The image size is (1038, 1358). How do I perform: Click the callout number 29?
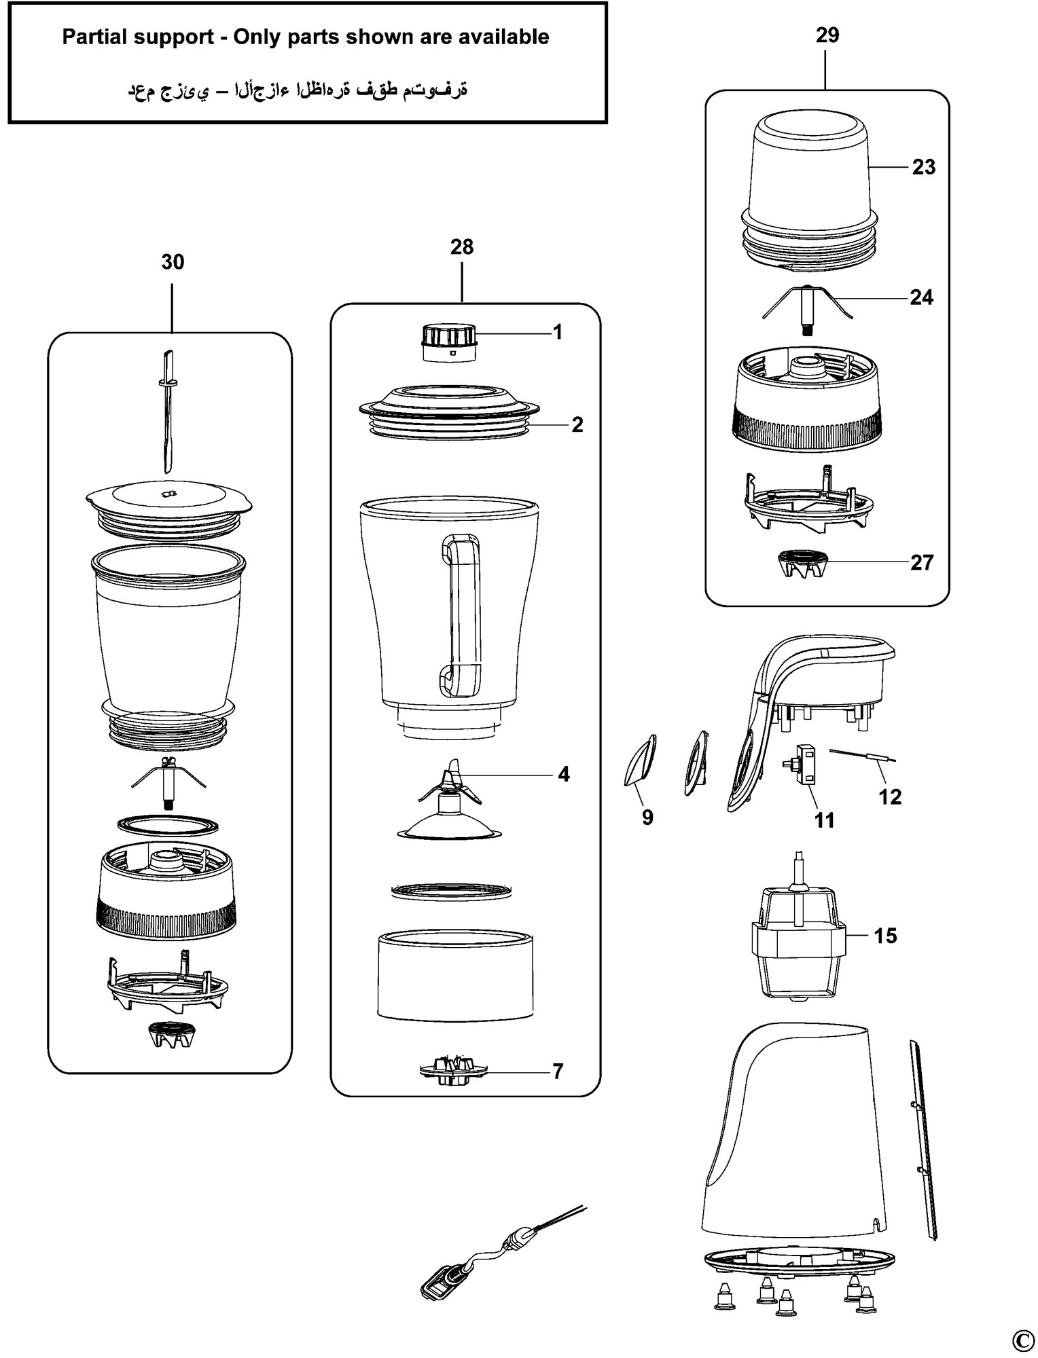point(827,35)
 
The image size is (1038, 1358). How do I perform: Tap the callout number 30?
point(173,261)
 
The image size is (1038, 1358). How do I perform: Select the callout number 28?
point(462,246)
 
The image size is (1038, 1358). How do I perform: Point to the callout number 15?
point(885,936)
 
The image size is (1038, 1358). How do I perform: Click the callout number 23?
point(923,167)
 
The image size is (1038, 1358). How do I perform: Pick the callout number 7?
point(558,1071)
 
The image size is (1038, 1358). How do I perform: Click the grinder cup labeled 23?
point(808,190)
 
